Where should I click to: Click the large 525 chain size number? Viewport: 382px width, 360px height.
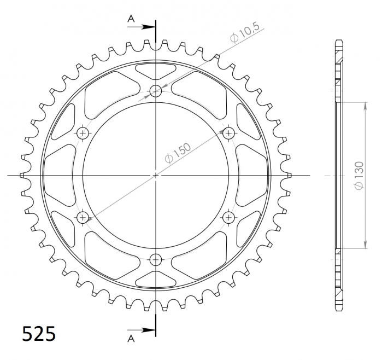pyautogui.click(x=39, y=334)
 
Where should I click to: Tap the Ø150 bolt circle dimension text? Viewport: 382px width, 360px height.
pyautogui.click(x=178, y=153)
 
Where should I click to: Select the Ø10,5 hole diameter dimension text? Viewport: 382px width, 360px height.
pyautogui.click(x=245, y=32)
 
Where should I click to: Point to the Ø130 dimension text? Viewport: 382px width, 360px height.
pyautogui.click(x=360, y=175)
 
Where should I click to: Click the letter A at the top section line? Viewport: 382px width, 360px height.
pyautogui.click(x=131, y=18)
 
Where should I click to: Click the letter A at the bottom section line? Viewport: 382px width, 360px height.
pyautogui.click(x=131, y=339)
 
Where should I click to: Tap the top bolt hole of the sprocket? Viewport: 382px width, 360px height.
pyautogui.click(x=156, y=91)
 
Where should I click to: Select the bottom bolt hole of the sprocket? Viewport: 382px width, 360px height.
pyautogui.click(x=156, y=259)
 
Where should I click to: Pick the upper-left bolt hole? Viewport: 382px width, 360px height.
pyautogui.click(x=83, y=133)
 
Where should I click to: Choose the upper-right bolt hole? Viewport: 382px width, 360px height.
pyautogui.click(x=228, y=133)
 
